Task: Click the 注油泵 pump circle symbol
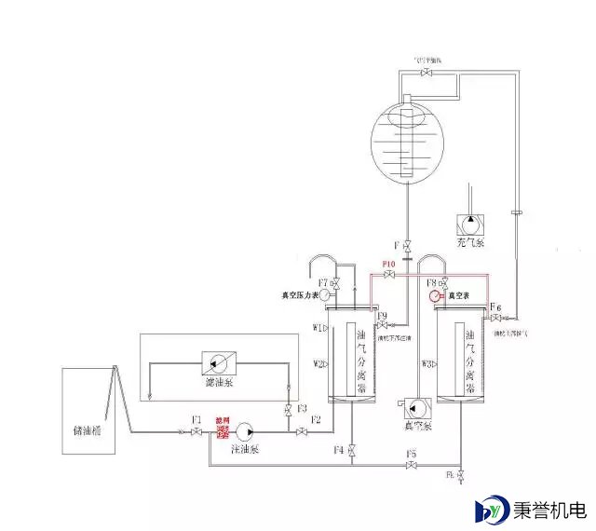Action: click(245, 430)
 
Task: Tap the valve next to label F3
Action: click(289, 411)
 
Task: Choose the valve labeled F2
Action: click(302, 431)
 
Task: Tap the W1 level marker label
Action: click(318, 328)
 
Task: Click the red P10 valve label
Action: click(390, 264)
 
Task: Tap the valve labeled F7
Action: click(335, 283)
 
